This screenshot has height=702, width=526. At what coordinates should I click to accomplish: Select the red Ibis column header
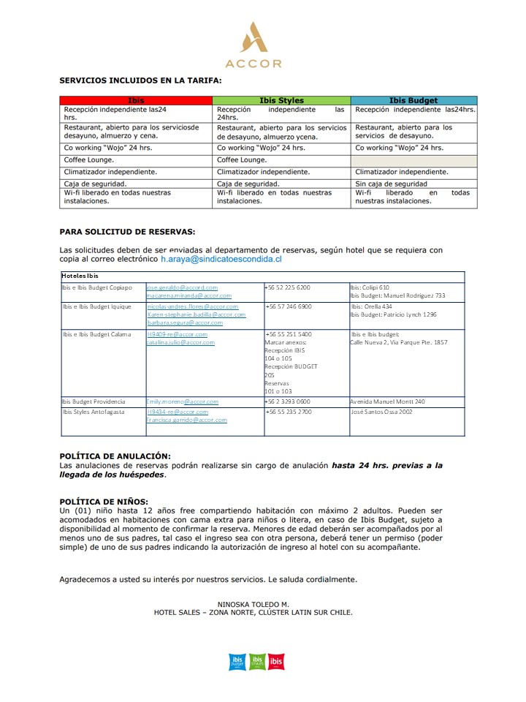click(136, 100)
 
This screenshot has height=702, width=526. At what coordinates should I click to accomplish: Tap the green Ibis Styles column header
click(281, 100)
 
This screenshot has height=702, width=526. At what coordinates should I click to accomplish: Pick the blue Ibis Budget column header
click(413, 100)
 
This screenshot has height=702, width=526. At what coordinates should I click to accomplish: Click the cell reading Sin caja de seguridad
click(392, 184)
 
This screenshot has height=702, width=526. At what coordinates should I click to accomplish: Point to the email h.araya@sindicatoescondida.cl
click(221, 259)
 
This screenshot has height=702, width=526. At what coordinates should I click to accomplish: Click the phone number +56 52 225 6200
click(288, 287)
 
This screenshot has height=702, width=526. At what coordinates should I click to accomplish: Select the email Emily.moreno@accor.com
click(183, 401)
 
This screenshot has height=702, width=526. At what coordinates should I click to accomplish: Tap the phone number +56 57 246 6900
click(289, 306)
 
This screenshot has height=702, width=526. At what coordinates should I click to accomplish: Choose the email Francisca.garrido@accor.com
click(187, 420)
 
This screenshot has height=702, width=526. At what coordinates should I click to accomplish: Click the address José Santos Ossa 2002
click(381, 412)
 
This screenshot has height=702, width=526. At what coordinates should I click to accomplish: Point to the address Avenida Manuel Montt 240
click(387, 401)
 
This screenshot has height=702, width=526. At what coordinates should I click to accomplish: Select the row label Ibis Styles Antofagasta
click(94, 412)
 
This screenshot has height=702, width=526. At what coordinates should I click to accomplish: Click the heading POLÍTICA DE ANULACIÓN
click(115, 456)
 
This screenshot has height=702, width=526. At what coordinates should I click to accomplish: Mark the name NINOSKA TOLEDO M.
click(253, 604)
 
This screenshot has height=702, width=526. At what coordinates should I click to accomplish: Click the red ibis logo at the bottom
click(275, 661)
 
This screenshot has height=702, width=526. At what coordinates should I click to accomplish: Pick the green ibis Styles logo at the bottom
click(256, 661)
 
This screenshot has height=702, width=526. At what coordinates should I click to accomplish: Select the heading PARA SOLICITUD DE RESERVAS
click(127, 231)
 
